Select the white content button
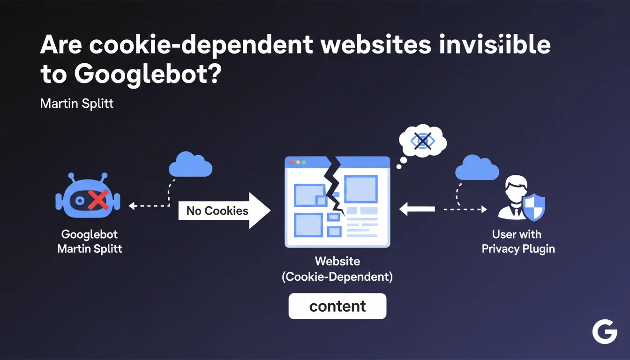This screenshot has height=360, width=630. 337,307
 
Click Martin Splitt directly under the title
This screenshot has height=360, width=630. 77,104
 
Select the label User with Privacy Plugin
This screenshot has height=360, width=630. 517,241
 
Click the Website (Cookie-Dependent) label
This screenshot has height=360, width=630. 337,269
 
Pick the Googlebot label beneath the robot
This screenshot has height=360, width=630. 90,234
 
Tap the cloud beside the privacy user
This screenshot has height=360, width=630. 477,168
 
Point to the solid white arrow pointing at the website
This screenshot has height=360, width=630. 417,209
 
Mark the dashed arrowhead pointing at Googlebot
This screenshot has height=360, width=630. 132,205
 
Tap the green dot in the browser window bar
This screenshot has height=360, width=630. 304,162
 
